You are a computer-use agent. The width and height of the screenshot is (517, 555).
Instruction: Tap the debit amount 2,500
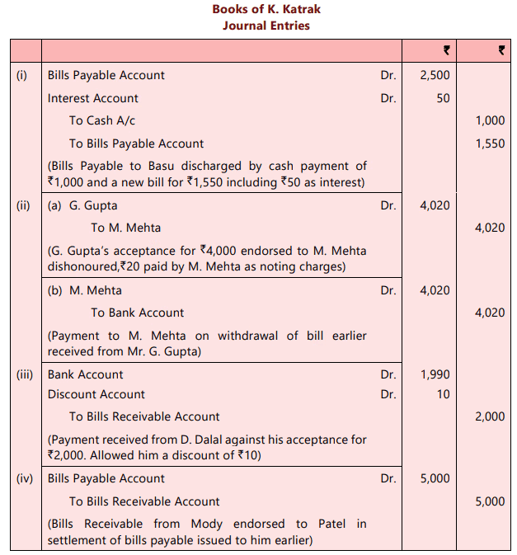tap(435, 75)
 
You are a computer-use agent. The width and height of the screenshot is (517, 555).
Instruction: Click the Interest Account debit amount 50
tap(443, 98)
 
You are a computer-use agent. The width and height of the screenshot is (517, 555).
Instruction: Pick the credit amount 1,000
tap(490, 120)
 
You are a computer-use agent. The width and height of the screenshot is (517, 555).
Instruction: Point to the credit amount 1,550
tap(490, 143)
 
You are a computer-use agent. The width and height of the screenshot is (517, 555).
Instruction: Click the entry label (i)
tap(22, 75)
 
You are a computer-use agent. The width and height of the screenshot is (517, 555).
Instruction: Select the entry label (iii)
tap(24, 374)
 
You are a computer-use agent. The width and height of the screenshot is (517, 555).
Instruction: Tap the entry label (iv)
tap(24, 478)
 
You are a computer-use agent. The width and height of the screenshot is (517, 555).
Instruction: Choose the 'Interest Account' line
tap(92, 98)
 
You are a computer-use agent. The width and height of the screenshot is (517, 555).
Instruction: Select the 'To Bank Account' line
tap(137, 313)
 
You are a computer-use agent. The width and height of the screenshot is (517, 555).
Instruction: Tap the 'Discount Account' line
tap(96, 394)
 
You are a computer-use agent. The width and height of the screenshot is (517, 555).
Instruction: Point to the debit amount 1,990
tap(435, 374)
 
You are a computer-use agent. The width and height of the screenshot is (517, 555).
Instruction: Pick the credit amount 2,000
tap(490, 416)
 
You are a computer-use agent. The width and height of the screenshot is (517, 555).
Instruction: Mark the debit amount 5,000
tap(435, 478)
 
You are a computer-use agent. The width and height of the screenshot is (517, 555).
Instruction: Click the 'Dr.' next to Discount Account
tap(388, 394)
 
